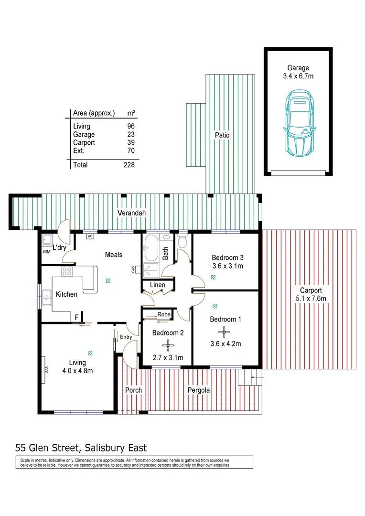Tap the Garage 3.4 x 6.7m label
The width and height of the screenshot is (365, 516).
pos(298,72)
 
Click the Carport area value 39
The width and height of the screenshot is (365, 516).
pos(131,142)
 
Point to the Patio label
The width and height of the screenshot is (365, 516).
pos(222,135)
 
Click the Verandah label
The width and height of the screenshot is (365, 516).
pos(132,213)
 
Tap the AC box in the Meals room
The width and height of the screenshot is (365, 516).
pos(90,236)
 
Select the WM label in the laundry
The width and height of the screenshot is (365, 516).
pos(46,251)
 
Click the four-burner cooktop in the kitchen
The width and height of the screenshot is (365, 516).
pos(67,271)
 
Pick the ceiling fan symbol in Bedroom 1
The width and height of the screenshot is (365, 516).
pos(224,333)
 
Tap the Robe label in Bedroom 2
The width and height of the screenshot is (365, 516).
pos(164,315)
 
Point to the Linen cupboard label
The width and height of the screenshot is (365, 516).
pos(158,285)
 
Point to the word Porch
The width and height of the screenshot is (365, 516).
pos(133,390)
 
